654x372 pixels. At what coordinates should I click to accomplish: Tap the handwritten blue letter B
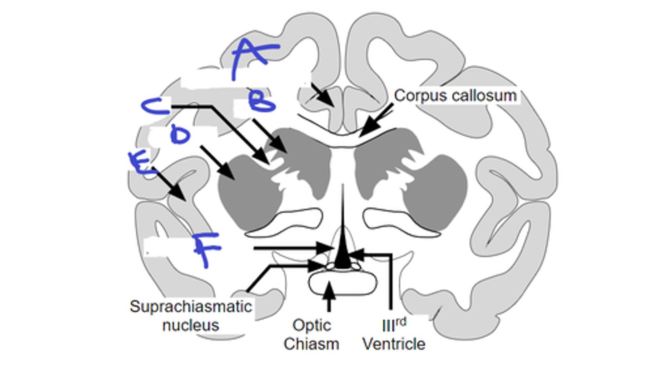click(x=262, y=102)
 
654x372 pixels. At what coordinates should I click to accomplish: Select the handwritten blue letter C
click(x=154, y=107)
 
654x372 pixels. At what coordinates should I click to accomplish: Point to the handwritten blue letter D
click(x=180, y=135)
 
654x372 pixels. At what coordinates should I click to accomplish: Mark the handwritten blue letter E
click(x=140, y=164)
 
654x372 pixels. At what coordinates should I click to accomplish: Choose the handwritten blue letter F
click(x=207, y=249)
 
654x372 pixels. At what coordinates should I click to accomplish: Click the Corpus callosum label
click(x=455, y=96)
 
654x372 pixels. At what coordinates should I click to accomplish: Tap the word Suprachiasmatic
click(x=191, y=307)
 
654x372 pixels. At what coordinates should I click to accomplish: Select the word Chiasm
click(x=312, y=344)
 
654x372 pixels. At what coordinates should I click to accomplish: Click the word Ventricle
click(x=394, y=344)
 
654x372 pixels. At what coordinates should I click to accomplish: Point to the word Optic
click(x=312, y=325)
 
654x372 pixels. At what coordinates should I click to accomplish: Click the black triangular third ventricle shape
click(x=343, y=250)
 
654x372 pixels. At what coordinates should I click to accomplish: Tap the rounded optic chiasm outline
click(x=343, y=284)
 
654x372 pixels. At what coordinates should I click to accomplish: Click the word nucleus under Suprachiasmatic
click(x=191, y=325)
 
